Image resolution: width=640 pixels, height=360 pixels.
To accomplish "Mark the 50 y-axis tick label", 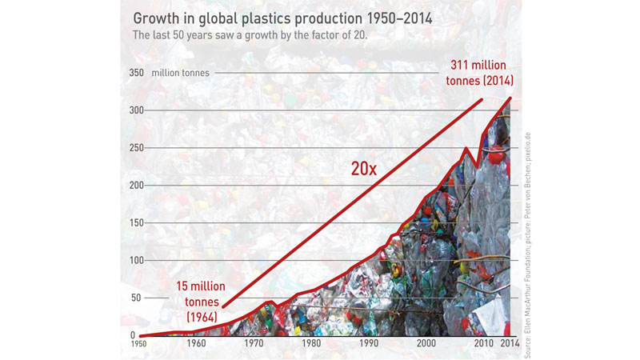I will tap(137, 298).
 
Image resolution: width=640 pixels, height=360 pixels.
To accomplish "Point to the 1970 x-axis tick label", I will tap(254, 344).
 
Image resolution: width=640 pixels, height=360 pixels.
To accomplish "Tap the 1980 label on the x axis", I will tap(312, 344).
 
